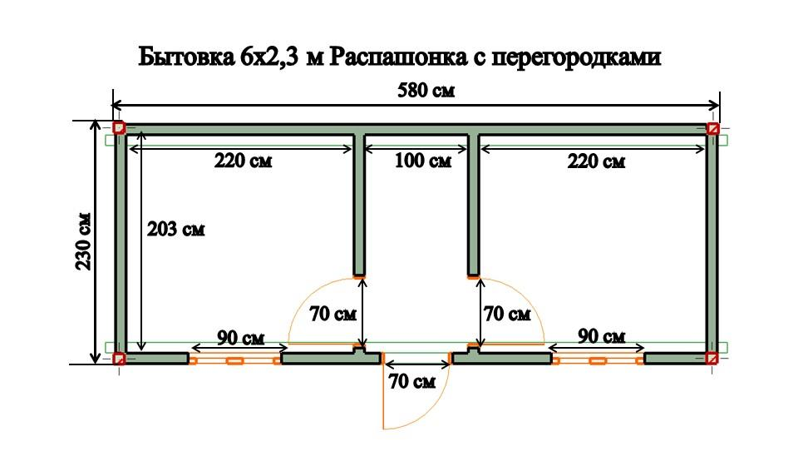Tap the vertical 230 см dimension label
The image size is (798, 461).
click(83, 242)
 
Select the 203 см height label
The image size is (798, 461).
click(175, 229)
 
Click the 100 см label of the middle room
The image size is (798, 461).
click(422, 161)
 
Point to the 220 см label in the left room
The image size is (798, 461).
click(243, 161)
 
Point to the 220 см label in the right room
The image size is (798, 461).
click(596, 161)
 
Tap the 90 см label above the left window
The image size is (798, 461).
click(240, 338)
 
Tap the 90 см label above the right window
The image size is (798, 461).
click(600, 337)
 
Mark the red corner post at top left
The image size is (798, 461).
click(119, 128)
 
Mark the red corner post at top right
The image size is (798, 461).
click(712, 128)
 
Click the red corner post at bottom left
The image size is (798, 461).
click(119, 359)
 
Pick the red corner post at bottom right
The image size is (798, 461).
click(712, 359)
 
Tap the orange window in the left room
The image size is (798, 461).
click(234, 360)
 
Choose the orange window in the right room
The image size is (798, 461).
click(597, 360)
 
